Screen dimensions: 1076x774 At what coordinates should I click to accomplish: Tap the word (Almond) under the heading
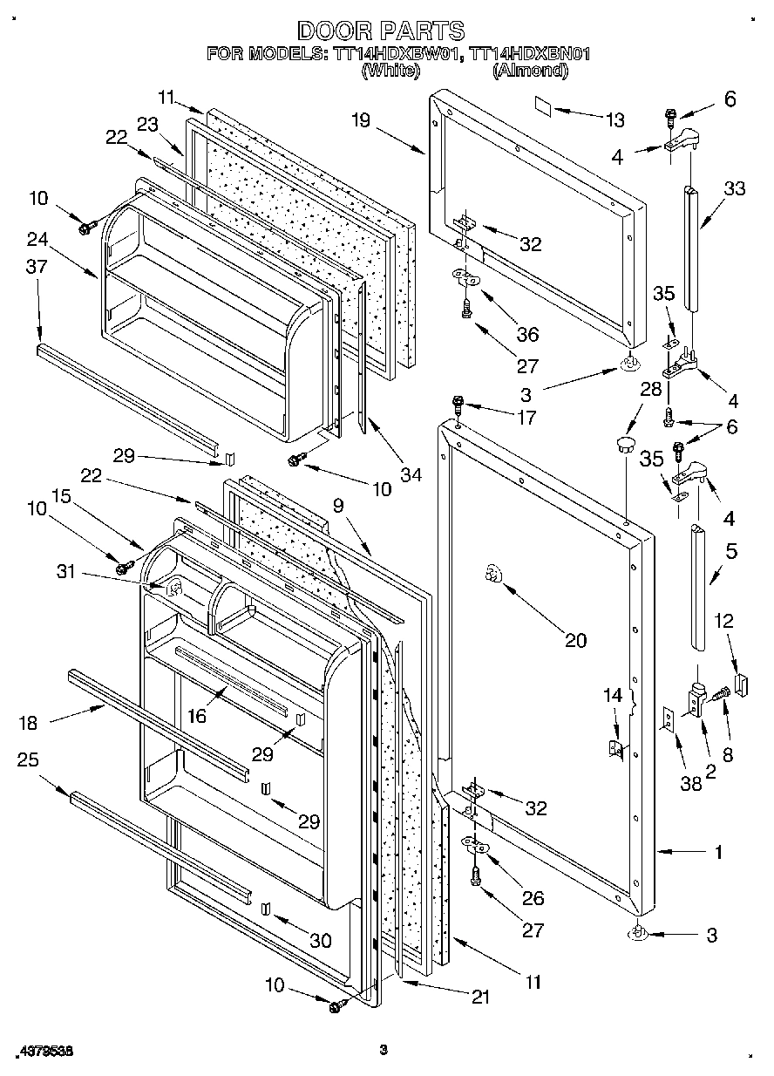(x=530, y=72)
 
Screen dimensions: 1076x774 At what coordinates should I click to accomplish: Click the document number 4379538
(x=43, y=1052)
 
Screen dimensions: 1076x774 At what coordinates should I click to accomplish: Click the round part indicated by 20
(x=492, y=575)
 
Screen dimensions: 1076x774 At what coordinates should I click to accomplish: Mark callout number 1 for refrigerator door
(x=717, y=853)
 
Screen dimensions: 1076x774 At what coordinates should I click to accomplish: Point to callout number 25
(x=29, y=759)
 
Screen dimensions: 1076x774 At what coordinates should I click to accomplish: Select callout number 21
(x=479, y=998)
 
